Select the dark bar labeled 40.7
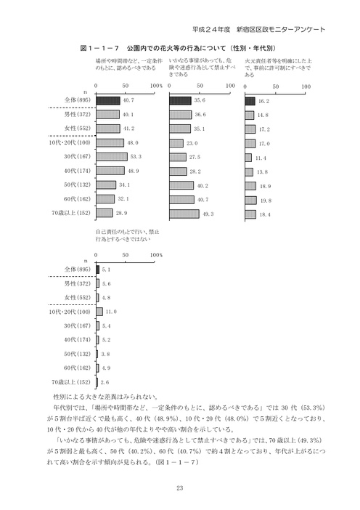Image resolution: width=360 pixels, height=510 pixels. [108, 101]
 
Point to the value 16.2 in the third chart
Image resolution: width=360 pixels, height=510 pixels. [263, 101]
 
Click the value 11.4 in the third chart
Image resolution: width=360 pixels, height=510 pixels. [261, 157]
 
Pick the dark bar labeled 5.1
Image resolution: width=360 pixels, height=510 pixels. [97, 269]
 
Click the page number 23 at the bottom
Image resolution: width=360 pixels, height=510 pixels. [180, 488]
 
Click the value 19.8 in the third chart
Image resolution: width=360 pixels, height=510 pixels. [263, 199]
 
